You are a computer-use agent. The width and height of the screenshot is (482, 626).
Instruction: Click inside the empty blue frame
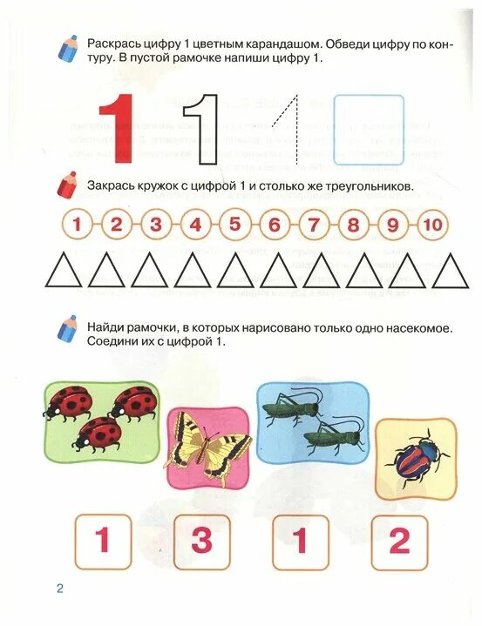point(369,130)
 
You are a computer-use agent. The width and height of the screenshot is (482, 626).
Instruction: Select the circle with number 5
point(234,225)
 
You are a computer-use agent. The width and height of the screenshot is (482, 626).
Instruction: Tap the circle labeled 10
point(431,225)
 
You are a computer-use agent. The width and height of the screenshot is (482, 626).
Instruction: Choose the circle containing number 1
point(77,225)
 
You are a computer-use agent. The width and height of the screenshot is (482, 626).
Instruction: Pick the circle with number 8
point(353,225)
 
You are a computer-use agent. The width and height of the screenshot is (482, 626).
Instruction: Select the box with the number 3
point(201,541)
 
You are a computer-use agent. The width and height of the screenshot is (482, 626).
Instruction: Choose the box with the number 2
point(398,541)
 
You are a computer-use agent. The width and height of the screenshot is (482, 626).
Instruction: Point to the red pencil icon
point(67,185)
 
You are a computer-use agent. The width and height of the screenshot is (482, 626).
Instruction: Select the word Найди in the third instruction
point(106,326)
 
